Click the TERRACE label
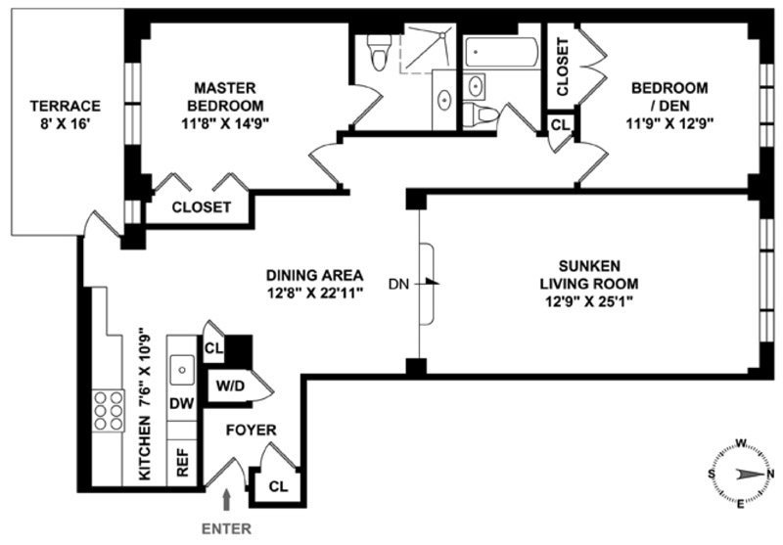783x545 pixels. [x=66, y=114]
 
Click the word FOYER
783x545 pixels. [x=252, y=430]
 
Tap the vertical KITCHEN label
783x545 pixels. [x=145, y=403]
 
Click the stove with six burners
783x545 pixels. [x=110, y=411]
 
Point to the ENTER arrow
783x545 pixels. [x=228, y=499]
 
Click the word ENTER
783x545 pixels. [x=227, y=528]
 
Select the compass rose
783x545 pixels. [x=740, y=474]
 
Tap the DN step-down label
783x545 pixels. [x=397, y=285]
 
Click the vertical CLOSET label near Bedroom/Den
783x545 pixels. [x=563, y=66]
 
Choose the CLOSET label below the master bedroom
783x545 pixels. [x=201, y=207]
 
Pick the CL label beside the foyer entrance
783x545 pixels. [x=278, y=486]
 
